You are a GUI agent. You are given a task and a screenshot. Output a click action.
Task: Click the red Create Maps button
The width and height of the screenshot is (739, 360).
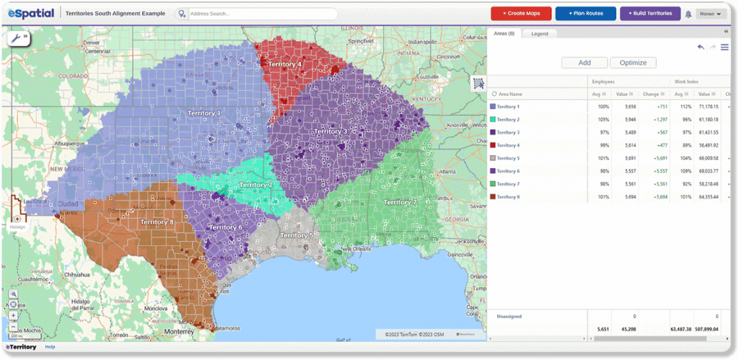(x=521, y=13)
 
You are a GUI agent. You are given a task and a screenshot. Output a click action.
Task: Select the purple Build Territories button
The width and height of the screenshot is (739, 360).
(x=650, y=13)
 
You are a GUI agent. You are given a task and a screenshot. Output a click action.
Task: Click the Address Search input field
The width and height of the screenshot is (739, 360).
(x=260, y=14)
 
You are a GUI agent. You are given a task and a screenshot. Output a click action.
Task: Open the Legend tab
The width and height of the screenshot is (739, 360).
(x=539, y=34)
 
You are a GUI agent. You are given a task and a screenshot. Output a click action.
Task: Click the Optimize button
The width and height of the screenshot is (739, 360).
(x=633, y=63)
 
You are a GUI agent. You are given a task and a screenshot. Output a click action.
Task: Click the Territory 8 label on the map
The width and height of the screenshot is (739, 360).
(x=157, y=221)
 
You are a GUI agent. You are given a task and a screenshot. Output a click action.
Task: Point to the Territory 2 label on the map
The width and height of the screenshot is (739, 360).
(x=255, y=185)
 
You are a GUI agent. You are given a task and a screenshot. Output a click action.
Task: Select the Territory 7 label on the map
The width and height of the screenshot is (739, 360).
(x=400, y=203)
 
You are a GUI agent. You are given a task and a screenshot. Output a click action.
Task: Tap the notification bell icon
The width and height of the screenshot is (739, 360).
(x=688, y=14)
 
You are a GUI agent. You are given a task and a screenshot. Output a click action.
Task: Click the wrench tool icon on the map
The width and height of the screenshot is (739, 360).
(x=15, y=38)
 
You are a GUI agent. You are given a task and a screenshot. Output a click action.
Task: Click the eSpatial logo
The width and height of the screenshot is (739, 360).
(x=30, y=13)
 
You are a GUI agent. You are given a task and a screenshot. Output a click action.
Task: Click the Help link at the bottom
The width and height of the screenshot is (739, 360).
(x=50, y=347)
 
